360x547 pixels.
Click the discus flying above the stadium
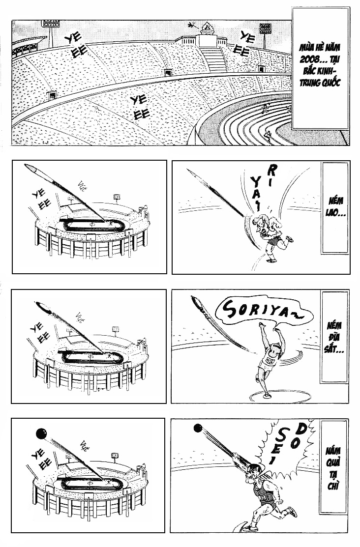[x=46, y=310]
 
